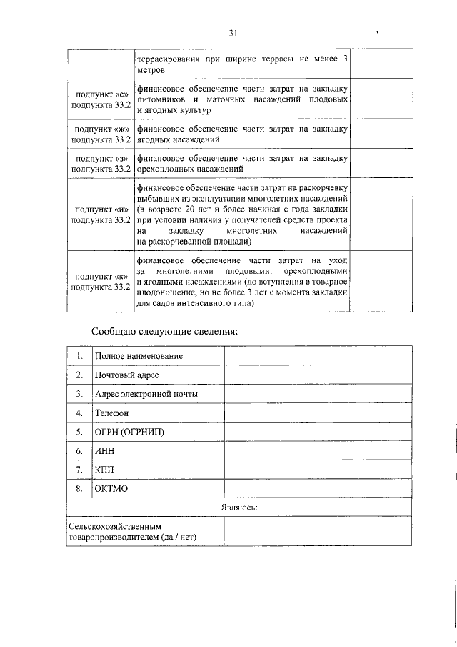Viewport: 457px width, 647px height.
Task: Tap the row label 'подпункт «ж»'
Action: pyautogui.click(x=101, y=129)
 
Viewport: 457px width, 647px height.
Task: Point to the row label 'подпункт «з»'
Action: pyautogui.click(x=101, y=158)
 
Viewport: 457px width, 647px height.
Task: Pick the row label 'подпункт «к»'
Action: pyautogui.click(x=101, y=276)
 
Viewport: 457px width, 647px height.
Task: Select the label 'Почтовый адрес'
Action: pyautogui.click(x=126, y=375)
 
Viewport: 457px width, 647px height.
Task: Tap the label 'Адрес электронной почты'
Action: pyautogui.click(x=146, y=394)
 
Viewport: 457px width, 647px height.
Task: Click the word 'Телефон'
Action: pyautogui.click(x=112, y=413)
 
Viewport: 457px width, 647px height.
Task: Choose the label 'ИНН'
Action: pyautogui.click(x=104, y=451)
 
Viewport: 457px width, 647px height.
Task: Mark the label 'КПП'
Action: pyautogui.click(x=104, y=470)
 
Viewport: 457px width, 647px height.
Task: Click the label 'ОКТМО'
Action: pyautogui.click(x=110, y=488)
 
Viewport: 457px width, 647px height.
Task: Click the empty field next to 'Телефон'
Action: pyautogui.click(x=318, y=413)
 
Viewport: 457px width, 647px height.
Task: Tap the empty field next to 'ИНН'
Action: pyautogui.click(x=318, y=451)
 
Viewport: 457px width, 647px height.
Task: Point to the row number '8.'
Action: pyautogui.click(x=79, y=488)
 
